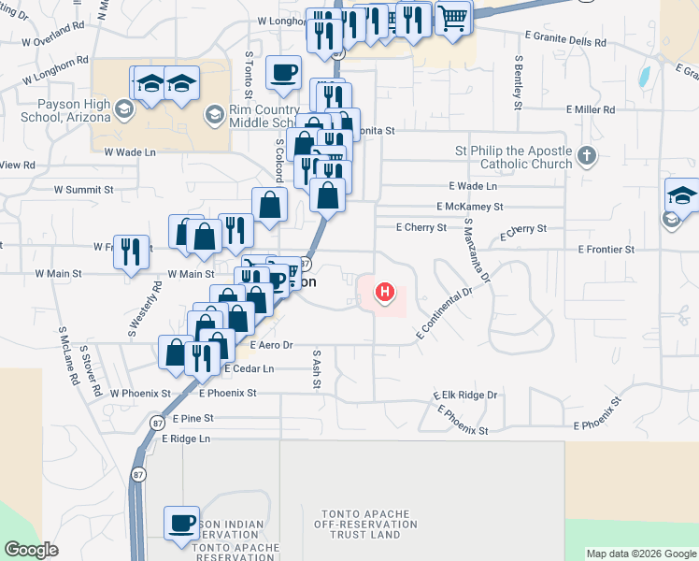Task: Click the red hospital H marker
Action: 384,294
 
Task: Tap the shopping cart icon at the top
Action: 453,17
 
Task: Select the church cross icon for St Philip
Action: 586,155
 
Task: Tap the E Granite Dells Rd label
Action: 564,42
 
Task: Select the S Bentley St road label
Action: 518,83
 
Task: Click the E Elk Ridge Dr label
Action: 465,396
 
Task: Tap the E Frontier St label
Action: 606,250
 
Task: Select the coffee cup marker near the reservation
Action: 181,523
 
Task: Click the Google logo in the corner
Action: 31,550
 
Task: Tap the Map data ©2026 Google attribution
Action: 641,554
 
